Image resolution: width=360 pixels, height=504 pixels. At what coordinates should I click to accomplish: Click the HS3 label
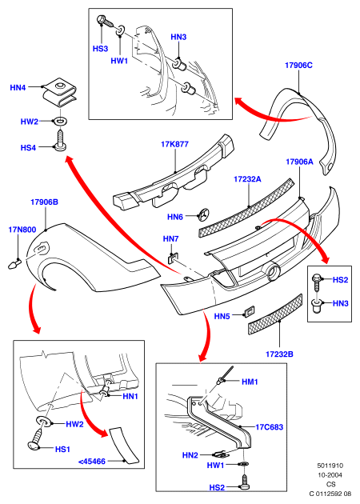tap(100, 49)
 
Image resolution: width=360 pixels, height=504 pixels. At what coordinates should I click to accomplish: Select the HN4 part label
tap(18, 87)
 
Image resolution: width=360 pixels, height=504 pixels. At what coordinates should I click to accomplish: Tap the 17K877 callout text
tap(174, 144)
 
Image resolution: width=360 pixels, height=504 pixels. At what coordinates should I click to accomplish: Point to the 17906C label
tap(298, 66)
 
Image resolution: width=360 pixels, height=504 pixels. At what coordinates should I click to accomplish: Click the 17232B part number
tap(279, 354)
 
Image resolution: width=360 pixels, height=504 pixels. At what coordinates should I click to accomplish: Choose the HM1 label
tap(250, 382)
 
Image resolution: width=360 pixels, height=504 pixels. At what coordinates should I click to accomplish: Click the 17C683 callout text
tap(270, 427)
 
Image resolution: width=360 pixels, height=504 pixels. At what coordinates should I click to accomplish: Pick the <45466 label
tap(92, 462)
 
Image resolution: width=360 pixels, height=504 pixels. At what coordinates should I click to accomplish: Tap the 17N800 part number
tap(22, 230)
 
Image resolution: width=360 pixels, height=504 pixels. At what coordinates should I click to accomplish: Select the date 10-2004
tap(330, 475)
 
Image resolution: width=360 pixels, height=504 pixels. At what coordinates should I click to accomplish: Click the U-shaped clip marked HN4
tap(61, 92)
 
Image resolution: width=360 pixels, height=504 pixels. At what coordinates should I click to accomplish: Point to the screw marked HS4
tap(61, 140)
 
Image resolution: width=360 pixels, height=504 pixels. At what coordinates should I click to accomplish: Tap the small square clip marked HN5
tap(249, 311)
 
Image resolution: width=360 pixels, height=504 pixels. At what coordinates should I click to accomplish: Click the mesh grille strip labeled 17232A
tap(246, 208)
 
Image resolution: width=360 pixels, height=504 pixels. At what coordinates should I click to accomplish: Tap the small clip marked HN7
tap(174, 258)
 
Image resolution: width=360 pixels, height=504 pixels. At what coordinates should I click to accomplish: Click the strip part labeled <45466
tap(124, 446)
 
